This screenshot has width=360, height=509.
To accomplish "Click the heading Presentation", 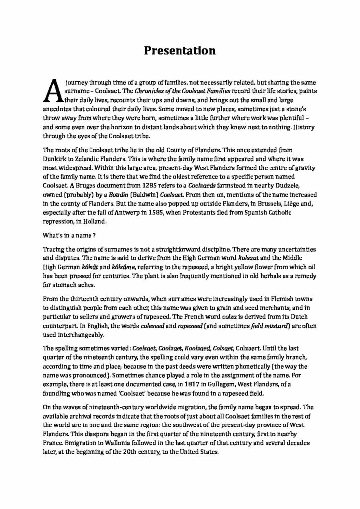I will pyautogui.click(x=180, y=50).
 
